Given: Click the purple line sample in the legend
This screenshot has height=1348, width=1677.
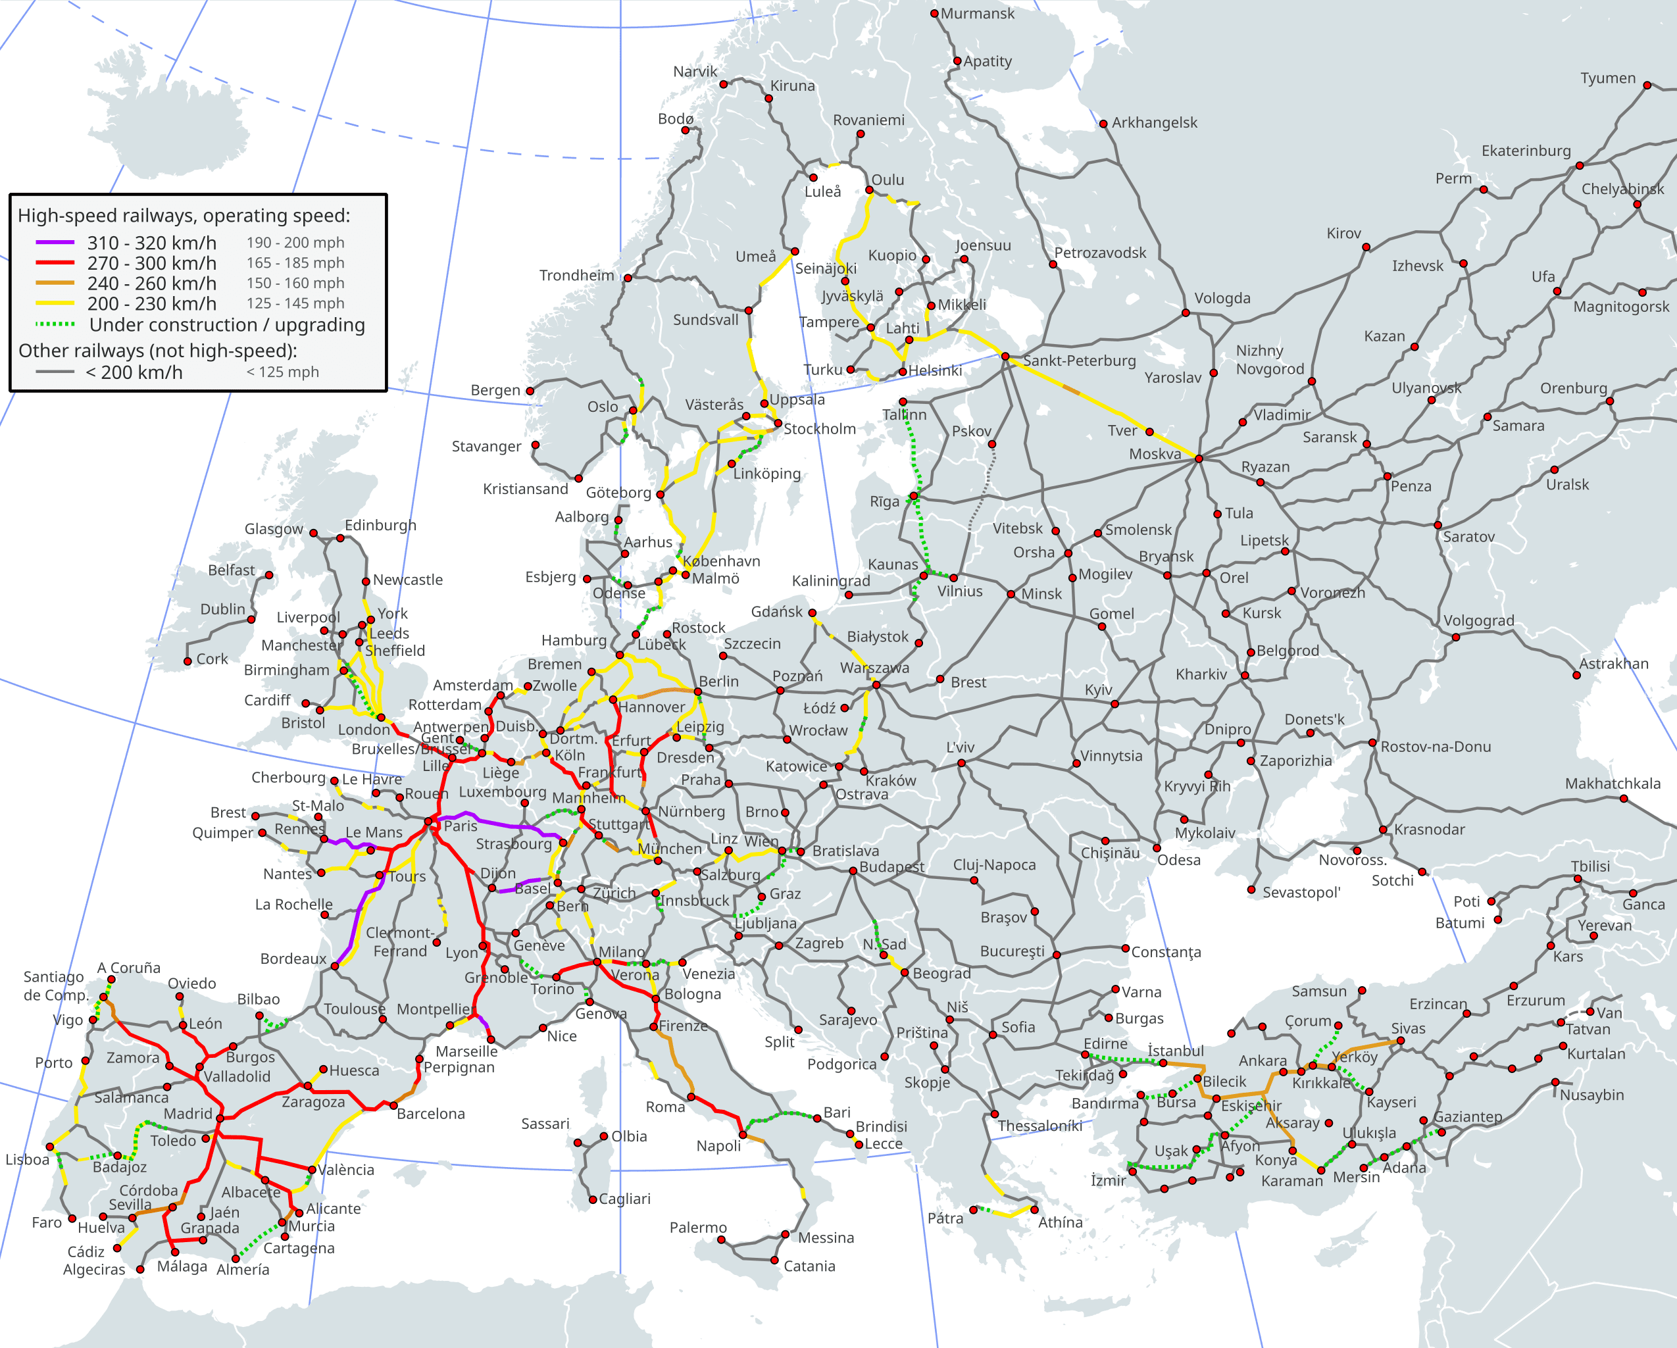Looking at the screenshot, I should (55, 243).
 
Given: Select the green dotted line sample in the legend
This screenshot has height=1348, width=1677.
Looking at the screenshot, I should (55, 324).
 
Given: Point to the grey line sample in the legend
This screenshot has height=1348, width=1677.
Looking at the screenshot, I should (55, 372).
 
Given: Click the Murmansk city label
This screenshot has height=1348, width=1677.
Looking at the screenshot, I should (977, 13).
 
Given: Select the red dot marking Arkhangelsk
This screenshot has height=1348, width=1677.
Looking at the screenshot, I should (1103, 124).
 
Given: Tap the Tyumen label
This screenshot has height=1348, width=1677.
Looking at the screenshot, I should (1607, 78).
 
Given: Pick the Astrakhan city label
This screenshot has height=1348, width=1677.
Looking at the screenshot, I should (1613, 664).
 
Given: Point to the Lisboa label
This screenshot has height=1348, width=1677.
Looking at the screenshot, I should (27, 1160).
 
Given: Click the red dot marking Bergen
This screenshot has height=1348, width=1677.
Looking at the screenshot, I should (530, 391).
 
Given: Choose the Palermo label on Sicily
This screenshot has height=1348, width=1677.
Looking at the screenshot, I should (698, 1228).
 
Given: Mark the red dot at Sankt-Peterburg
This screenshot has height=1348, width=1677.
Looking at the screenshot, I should (1005, 357).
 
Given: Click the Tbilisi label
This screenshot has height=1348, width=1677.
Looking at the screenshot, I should (1590, 866).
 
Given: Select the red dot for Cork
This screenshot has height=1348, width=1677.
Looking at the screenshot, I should (188, 661).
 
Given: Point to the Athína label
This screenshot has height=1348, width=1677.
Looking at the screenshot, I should (1059, 1222).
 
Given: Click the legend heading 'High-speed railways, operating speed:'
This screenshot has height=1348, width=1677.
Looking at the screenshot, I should (184, 216).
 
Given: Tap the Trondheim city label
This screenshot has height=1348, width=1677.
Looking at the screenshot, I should (576, 276).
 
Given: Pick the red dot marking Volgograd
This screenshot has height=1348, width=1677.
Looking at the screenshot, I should (1455, 637).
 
